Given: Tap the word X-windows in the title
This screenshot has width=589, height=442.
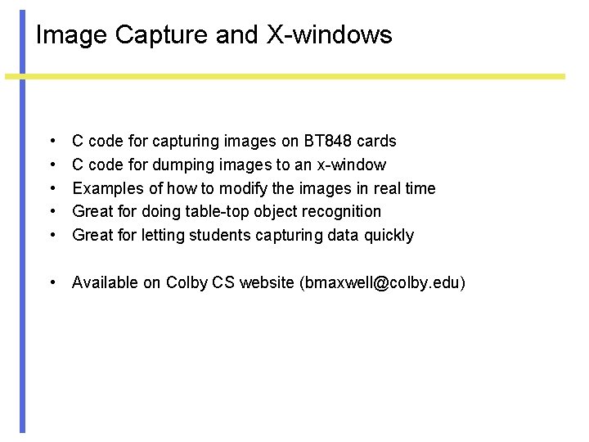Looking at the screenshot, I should [x=330, y=35].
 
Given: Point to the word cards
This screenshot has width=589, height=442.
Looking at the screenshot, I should [x=377, y=142].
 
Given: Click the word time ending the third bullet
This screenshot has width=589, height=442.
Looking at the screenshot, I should [x=420, y=188].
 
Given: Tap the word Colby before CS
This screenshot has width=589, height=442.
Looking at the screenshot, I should [x=187, y=283].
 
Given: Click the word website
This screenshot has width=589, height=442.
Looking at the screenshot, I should [x=267, y=283].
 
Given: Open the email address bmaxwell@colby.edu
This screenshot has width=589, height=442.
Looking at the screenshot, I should [x=383, y=283].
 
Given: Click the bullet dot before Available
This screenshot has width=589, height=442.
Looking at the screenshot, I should [x=52, y=283].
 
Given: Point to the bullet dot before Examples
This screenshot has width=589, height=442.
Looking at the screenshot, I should [x=52, y=189].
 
